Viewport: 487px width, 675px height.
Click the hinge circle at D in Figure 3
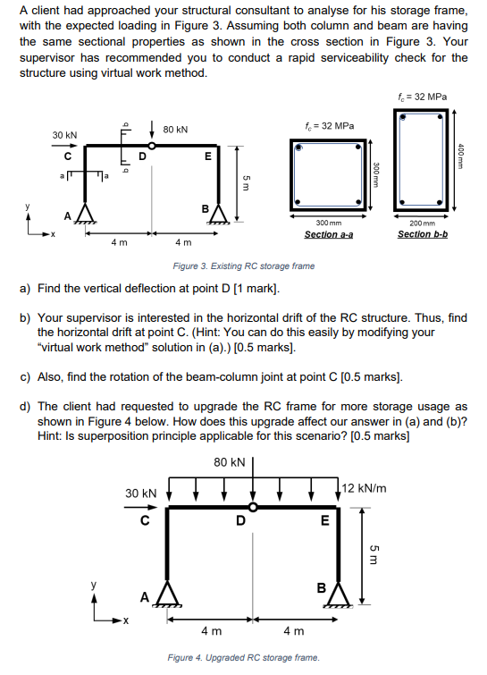click(x=151, y=146)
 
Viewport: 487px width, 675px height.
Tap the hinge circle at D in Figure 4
click(x=253, y=507)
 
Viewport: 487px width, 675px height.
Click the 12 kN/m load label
click(x=365, y=488)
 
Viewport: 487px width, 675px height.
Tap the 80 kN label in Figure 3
click(x=175, y=130)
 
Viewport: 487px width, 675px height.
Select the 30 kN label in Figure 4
click(x=141, y=494)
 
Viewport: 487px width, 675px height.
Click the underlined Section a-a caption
click(x=329, y=234)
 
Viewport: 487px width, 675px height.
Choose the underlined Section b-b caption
click(x=423, y=234)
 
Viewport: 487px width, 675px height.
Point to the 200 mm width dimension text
click(x=423, y=223)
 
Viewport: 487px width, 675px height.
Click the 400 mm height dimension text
click(x=461, y=156)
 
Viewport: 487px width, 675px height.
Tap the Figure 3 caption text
click(x=243, y=266)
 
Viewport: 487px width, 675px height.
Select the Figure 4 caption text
click(x=243, y=658)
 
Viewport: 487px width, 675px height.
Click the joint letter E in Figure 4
click(x=325, y=521)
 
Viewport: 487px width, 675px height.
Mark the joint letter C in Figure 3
click(x=68, y=156)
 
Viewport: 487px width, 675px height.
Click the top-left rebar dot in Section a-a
click(x=298, y=148)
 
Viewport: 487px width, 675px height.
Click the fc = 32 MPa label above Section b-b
click(x=423, y=97)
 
